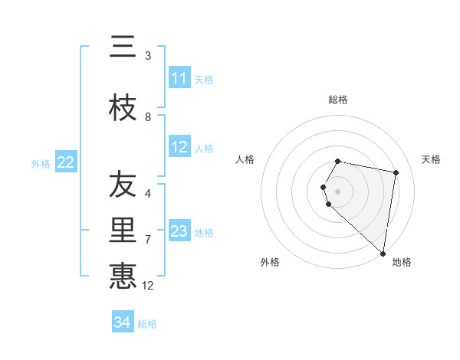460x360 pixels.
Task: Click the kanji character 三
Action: [123, 47]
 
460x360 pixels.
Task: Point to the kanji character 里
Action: [123, 231]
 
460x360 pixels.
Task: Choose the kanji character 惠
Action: [123, 276]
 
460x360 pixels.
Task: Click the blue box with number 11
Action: [179, 78]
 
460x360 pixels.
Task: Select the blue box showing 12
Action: [179, 147]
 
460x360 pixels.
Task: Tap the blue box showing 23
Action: [179, 231]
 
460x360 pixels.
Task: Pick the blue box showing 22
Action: [66, 162]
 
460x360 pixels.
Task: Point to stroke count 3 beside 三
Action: [148, 55]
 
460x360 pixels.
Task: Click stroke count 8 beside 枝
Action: [148, 116]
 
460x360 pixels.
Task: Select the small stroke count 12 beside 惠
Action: [148, 285]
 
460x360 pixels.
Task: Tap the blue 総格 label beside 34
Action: [147, 324]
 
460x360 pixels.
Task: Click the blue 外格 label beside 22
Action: [41, 163]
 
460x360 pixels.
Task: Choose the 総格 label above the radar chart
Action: [338, 100]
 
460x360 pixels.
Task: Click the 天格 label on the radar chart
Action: [431, 159]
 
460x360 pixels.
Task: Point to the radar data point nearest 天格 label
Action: [396, 172]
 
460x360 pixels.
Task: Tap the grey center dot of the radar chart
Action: [338, 191]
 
